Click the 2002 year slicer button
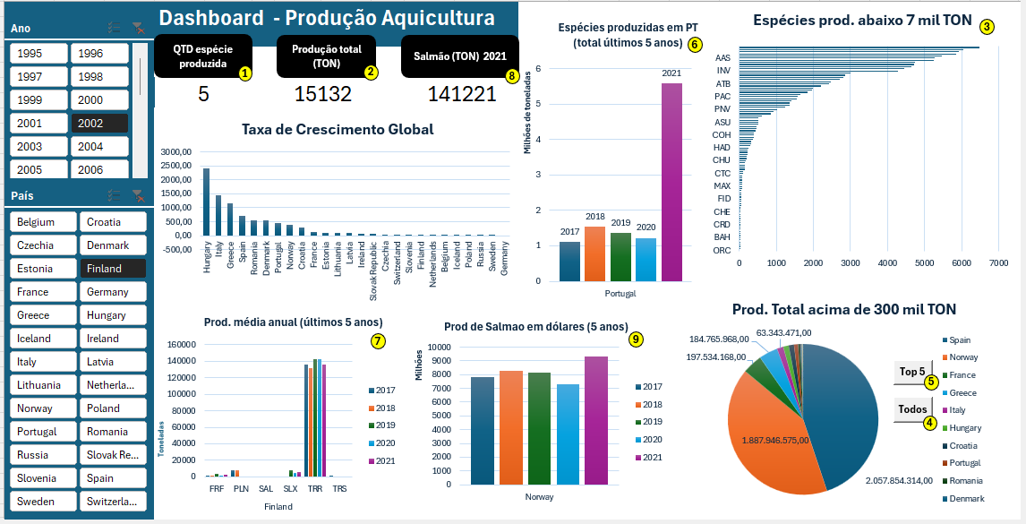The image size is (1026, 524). click(98, 124)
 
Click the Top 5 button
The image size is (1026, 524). click(912, 372)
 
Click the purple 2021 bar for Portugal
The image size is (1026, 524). click(671, 181)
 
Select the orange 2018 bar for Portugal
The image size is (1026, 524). click(594, 253)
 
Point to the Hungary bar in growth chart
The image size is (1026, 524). click(206, 202)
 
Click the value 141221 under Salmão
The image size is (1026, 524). click(461, 94)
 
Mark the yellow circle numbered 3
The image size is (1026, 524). click(987, 27)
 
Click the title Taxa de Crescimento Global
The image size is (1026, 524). click(338, 129)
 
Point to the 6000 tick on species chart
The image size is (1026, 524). click(962, 263)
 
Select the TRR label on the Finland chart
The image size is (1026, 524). click(314, 489)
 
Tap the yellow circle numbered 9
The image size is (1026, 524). click(636, 339)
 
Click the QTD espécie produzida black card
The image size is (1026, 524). click(203, 57)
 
